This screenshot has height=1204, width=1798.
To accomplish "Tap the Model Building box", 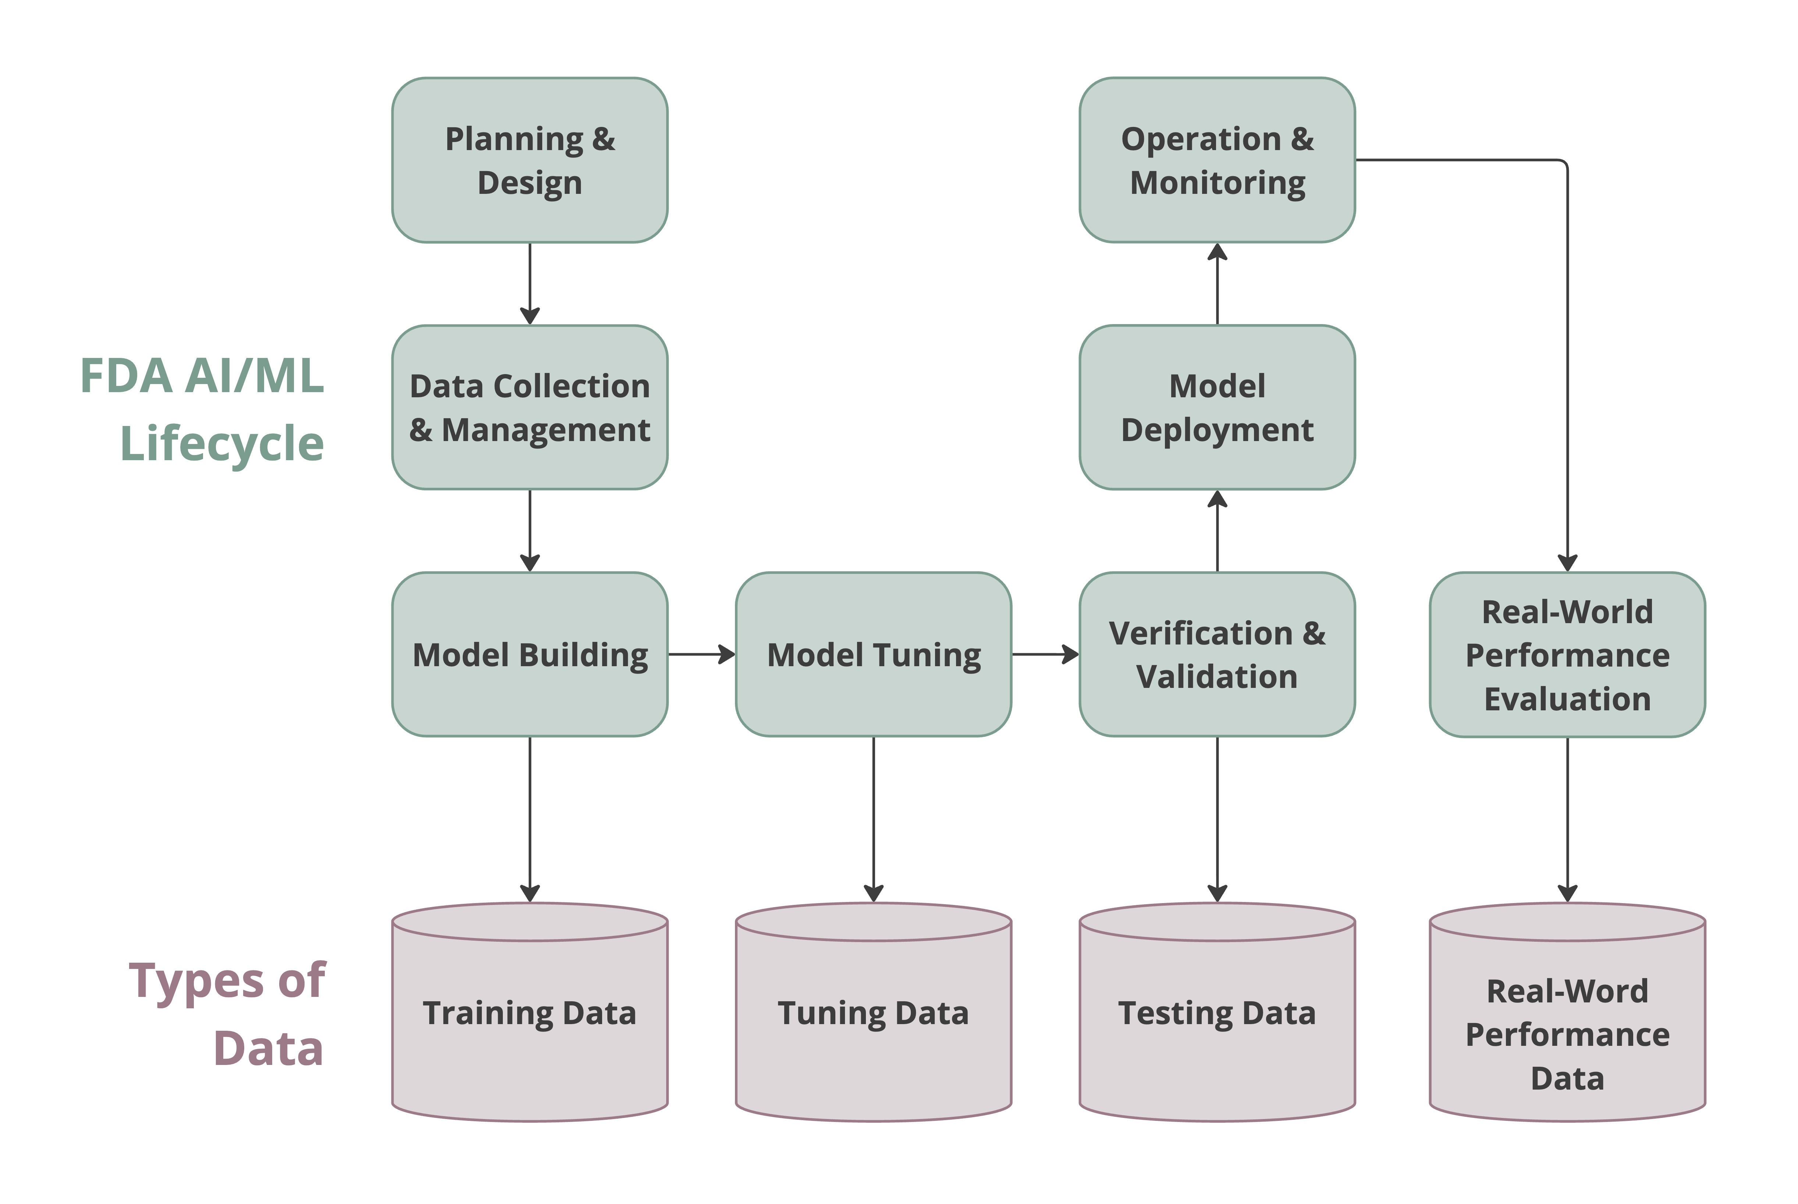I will coord(530,654).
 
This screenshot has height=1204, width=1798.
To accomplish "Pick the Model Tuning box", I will coord(874,654).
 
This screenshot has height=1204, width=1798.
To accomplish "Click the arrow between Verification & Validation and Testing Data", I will coord(1218,818).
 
